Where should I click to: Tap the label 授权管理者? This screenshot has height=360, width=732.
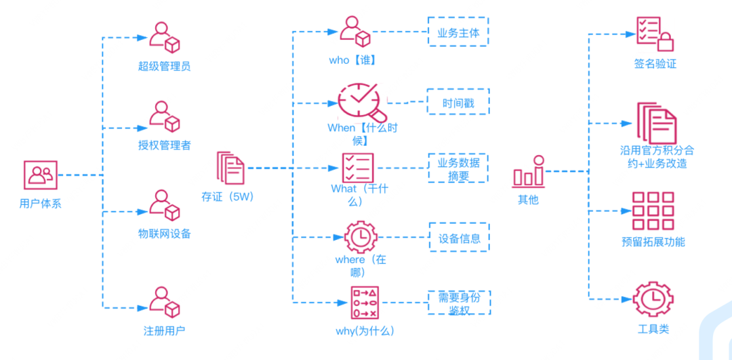click(164, 146)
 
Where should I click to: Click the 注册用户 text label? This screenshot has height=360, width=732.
click(164, 331)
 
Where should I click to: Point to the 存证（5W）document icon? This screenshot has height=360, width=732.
click(230, 167)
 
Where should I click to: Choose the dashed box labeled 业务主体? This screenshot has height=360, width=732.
click(458, 32)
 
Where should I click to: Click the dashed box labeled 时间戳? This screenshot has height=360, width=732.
click(458, 101)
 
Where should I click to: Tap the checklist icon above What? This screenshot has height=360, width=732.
click(358, 167)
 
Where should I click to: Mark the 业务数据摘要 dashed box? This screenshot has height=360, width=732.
click(458, 169)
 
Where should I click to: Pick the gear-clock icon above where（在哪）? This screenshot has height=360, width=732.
click(360, 237)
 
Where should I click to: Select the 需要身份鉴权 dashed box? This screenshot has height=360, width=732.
click(459, 303)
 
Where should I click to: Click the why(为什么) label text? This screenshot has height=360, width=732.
click(365, 332)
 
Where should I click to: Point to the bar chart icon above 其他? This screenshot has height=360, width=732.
click(529, 172)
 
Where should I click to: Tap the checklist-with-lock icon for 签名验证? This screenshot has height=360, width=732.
click(655, 34)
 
